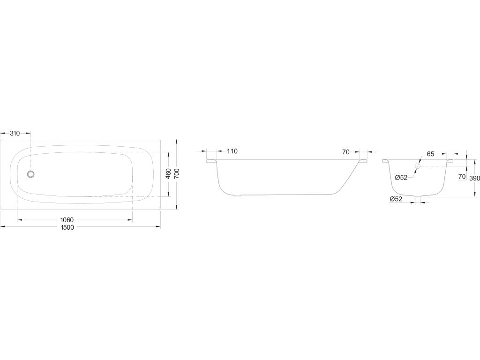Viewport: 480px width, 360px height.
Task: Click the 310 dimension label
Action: tap(15, 133)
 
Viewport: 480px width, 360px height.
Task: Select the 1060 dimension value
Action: tap(67, 220)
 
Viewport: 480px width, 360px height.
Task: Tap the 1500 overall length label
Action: tap(67, 227)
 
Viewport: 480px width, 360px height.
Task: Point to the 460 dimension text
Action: tap(168, 173)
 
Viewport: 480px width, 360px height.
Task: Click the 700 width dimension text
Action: tap(177, 173)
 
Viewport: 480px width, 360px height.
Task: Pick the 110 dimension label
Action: tap(232, 151)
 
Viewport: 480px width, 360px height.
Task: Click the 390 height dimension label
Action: tap(475, 178)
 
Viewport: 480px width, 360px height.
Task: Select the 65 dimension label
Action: tap(430, 154)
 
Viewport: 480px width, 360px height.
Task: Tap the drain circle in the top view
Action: tap(30, 174)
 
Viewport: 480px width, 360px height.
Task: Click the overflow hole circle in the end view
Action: tap(417, 166)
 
